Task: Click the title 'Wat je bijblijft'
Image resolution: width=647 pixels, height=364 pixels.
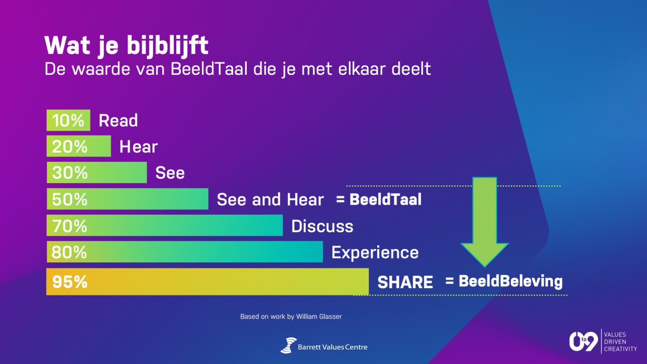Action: tap(126, 46)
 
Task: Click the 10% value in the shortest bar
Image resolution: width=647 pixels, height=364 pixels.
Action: tap(68, 121)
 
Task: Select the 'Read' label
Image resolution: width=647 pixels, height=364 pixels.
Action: tap(118, 121)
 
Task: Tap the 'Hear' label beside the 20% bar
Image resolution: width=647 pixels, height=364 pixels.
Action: tap(139, 147)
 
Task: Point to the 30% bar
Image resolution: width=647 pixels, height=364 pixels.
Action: tap(97, 172)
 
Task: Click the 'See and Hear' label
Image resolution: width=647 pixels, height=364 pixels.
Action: tap(270, 200)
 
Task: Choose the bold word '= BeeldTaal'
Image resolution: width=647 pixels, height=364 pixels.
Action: tap(379, 199)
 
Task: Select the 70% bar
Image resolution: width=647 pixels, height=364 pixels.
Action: tap(165, 225)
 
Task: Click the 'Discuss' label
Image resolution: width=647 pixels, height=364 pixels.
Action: tap(322, 226)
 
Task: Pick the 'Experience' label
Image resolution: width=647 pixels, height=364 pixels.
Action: tap(375, 252)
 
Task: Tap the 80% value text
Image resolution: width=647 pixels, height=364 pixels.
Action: tap(69, 252)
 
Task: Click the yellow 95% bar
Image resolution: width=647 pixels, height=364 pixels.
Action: tap(208, 281)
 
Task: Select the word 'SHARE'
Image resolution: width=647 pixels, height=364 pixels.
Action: tap(405, 282)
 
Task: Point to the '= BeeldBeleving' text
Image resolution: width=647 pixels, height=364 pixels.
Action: tap(504, 281)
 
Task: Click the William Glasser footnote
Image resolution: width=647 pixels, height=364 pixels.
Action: tap(291, 317)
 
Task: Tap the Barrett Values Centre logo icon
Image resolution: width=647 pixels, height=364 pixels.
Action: tap(288, 346)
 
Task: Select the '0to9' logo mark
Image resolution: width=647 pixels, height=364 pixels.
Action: tap(583, 342)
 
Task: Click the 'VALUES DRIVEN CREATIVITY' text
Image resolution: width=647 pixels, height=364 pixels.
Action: tap(620, 342)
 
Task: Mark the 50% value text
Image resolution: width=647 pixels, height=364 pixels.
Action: tap(70, 199)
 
